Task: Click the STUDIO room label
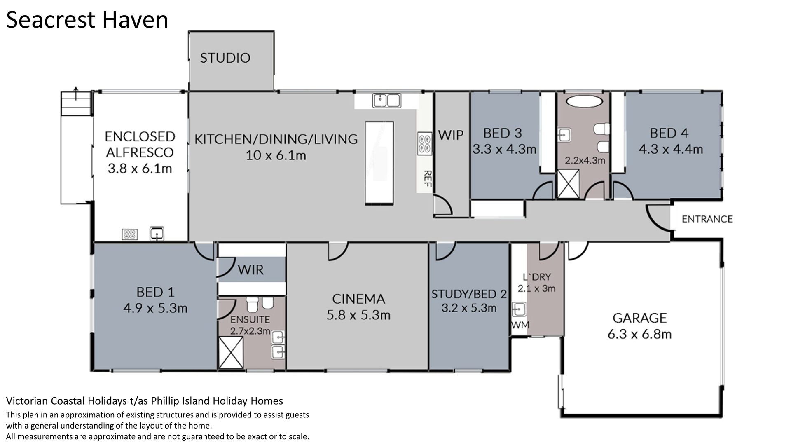[x=225, y=58]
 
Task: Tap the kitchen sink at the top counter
[x=386, y=101]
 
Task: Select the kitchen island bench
[x=379, y=163]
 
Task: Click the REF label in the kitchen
[x=428, y=179]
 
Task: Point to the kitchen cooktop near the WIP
[x=425, y=143]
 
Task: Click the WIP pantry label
[x=451, y=135]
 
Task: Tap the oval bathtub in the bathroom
[x=583, y=101]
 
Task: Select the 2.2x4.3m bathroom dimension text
[x=585, y=160]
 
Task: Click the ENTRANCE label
[x=707, y=219]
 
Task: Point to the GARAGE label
[x=639, y=318]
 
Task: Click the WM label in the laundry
[x=520, y=325]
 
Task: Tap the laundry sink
[x=519, y=309]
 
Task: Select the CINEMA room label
[x=358, y=299]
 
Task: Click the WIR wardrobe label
[x=250, y=270]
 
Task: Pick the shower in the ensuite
[x=230, y=353]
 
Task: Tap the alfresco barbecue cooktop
[x=129, y=234]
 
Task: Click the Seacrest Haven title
[x=87, y=20]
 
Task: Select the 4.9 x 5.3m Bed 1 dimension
[x=155, y=308]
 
